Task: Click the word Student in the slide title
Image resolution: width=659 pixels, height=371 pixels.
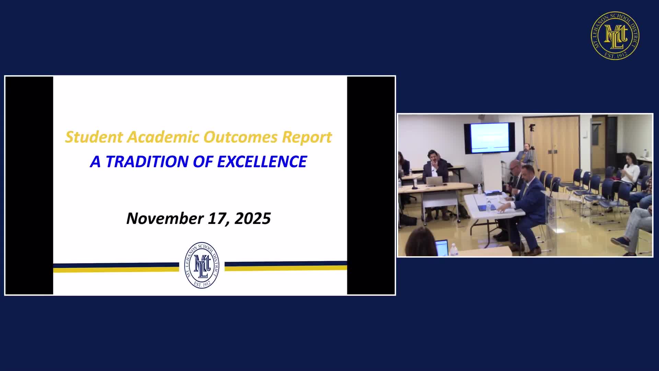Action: pos(94,137)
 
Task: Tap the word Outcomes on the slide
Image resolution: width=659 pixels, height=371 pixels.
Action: pos(240,137)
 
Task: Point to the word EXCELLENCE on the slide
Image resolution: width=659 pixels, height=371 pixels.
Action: pos(262,161)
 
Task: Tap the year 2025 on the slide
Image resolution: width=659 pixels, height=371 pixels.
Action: pos(253,218)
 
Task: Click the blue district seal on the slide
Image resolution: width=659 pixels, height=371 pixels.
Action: pos(202,265)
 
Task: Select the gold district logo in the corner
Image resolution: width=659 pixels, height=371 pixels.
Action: pos(615,35)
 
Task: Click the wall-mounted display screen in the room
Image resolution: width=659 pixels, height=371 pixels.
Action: pos(489,138)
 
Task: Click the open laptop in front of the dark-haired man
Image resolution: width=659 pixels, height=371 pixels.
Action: pos(433,181)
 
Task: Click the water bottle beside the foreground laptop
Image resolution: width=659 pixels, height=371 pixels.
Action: pos(454,250)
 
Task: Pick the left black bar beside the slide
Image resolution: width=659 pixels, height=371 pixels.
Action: pos(29,185)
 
